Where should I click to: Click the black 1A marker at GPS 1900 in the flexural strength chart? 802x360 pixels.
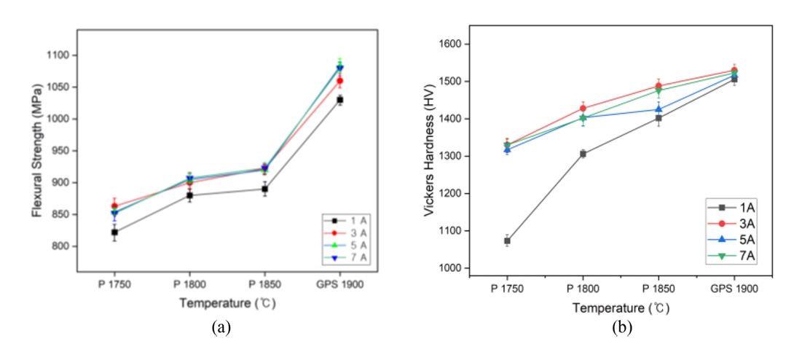[339, 99]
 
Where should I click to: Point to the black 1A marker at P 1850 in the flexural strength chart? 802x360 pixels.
[264, 189]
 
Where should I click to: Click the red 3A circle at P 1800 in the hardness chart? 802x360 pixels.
[583, 109]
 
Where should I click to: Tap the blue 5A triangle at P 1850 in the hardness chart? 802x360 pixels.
[658, 109]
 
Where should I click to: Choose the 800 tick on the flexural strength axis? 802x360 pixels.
[58, 246]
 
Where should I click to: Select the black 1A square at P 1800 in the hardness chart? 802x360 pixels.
[583, 153]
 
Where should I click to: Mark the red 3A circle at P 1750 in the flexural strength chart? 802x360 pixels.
[114, 206]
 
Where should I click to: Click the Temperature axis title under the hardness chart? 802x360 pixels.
[620, 308]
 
